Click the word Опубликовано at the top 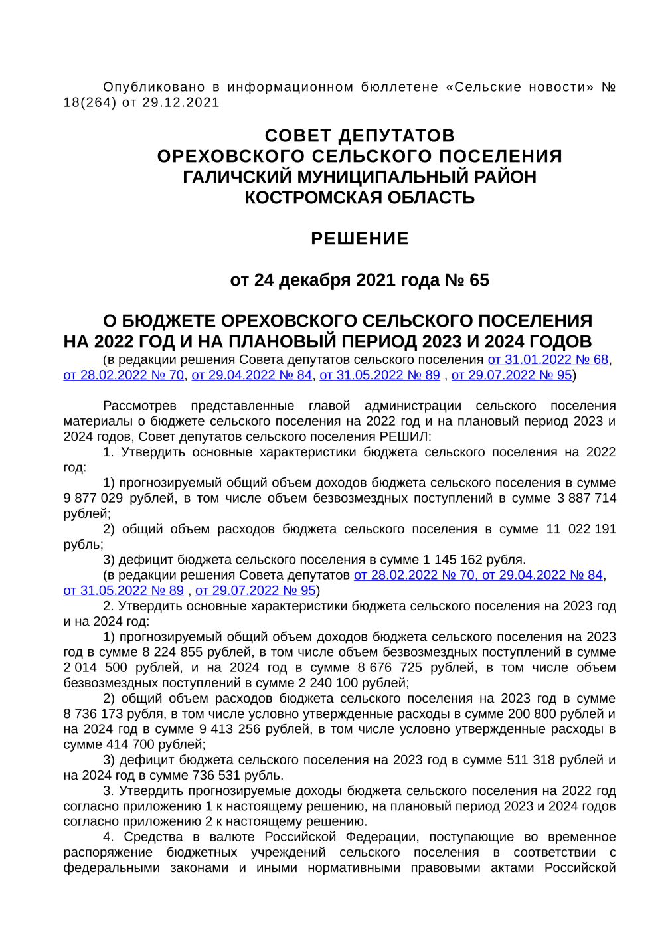click(x=154, y=87)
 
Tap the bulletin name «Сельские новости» click(x=520, y=87)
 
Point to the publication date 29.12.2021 click(x=181, y=102)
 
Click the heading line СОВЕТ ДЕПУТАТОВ click(x=359, y=135)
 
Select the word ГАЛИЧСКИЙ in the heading click(x=237, y=177)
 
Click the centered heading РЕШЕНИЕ click(x=359, y=238)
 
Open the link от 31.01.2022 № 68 click(x=548, y=360)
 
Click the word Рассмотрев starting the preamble click(x=139, y=406)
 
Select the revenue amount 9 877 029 click(x=93, y=499)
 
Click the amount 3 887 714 click(x=586, y=499)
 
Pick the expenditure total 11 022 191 click(x=581, y=529)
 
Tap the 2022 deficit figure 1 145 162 click(x=452, y=560)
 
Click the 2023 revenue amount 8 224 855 click(x=173, y=652)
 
